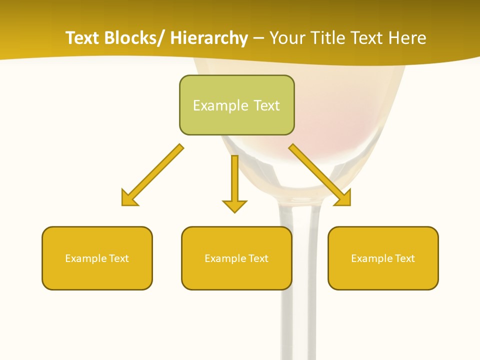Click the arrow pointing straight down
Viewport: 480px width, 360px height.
[x=234, y=182]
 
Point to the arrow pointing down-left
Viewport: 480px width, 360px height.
[x=152, y=175]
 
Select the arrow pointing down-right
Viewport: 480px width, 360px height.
[x=320, y=175]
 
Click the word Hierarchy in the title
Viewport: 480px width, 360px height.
[x=209, y=38]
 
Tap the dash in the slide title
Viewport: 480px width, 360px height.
[x=258, y=38]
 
